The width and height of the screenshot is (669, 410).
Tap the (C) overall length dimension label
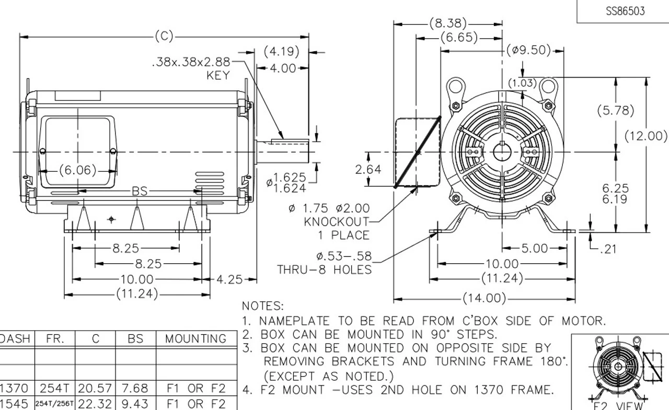pyautogui.click(x=164, y=36)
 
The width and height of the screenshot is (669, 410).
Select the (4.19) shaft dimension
pyautogui.click(x=281, y=52)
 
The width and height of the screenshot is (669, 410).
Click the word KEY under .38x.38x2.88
pyautogui.click(x=218, y=76)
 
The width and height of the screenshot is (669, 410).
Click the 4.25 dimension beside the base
pyautogui.click(x=229, y=279)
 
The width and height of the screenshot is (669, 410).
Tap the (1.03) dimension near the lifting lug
pyautogui.click(x=522, y=83)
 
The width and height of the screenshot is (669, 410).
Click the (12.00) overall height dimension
pyautogui.click(x=646, y=136)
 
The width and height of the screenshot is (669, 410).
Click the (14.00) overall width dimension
pyautogui.click(x=485, y=299)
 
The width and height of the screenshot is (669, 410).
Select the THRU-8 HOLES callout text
pyautogui.click(x=324, y=270)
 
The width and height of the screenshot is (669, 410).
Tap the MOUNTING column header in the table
pyautogui.click(x=196, y=338)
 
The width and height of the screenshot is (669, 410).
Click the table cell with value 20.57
pyautogui.click(x=96, y=389)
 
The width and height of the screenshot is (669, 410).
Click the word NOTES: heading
pyautogui.click(x=263, y=306)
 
